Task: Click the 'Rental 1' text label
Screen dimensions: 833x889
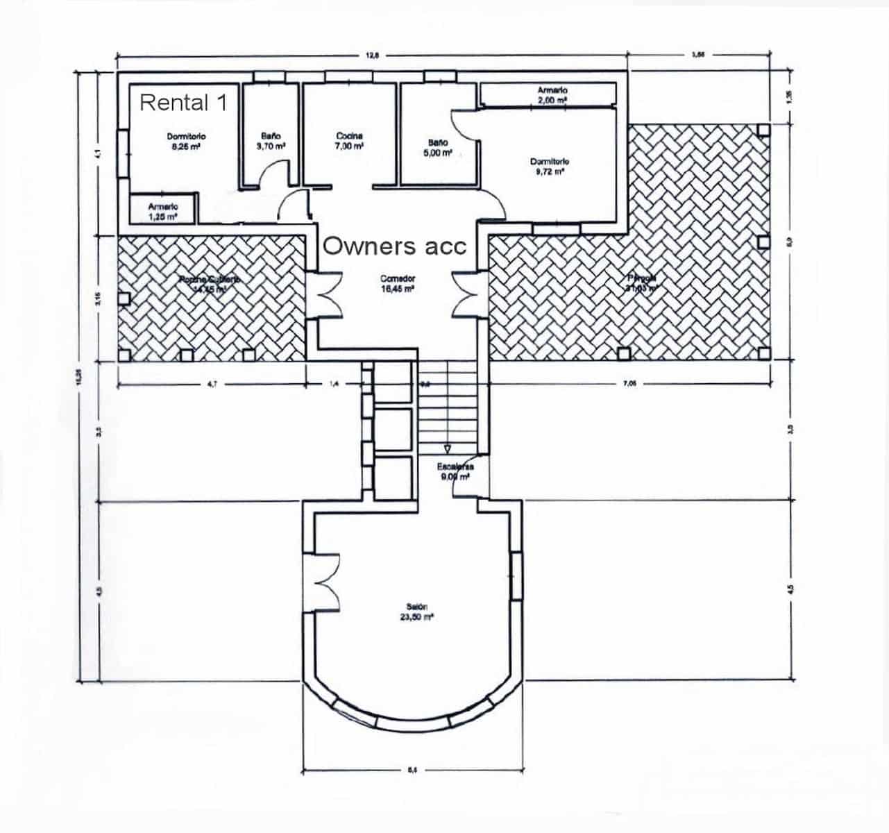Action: tap(183, 103)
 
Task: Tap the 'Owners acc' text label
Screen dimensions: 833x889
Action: tap(395, 246)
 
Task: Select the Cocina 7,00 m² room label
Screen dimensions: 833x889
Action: tap(349, 142)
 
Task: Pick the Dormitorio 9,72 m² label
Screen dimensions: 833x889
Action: tap(549, 167)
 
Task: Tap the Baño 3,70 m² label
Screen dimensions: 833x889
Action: tap(271, 142)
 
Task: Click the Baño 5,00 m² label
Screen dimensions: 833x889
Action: tap(437, 147)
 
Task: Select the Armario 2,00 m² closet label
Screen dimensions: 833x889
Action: tap(552, 95)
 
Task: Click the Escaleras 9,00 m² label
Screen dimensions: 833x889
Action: tap(455, 472)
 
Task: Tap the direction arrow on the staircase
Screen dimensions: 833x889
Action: tap(448, 448)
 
